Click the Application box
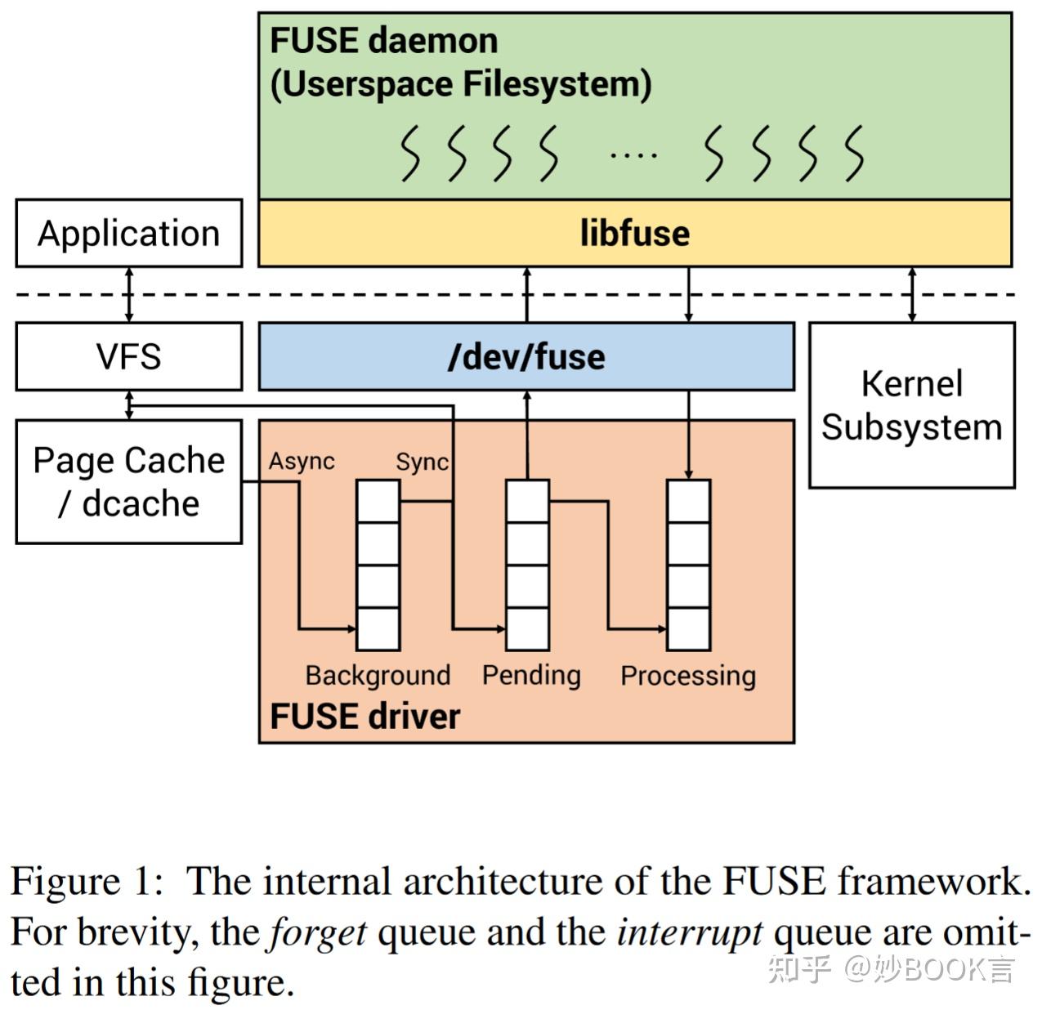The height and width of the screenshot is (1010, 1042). (128, 233)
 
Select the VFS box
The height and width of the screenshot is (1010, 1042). (128, 356)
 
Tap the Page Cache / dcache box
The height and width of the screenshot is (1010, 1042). (128, 482)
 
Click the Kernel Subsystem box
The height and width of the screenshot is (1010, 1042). (911, 405)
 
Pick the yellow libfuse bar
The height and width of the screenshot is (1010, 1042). (634, 233)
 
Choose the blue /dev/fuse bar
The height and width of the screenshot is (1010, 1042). (526, 357)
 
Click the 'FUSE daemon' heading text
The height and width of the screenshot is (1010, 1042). (383, 40)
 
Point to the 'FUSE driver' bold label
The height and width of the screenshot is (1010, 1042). (364, 716)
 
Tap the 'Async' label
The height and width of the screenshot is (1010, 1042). (302, 462)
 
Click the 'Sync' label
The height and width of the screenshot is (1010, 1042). (422, 462)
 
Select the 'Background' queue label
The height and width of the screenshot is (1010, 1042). (378, 675)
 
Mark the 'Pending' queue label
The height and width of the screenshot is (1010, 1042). (531, 675)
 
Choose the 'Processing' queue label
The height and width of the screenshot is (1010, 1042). (687, 676)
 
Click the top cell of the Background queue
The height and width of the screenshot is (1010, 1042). (378, 501)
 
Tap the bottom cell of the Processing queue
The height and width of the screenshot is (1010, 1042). (688, 629)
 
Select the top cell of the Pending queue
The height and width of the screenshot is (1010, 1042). (527, 501)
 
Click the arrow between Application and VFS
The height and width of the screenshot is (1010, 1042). (128, 294)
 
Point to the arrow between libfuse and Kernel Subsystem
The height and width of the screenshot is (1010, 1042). (912, 294)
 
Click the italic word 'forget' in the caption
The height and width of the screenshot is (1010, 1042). (318, 932)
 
